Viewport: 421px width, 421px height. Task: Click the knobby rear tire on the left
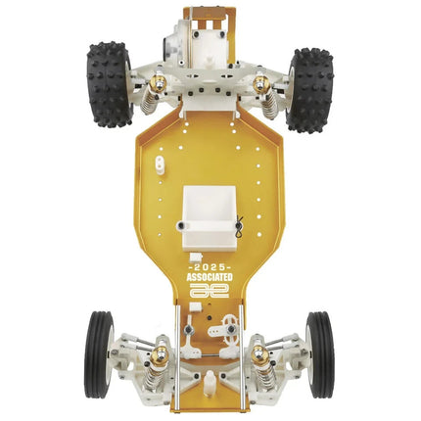pos(110,85)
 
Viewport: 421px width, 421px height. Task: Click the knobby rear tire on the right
pos(310,91)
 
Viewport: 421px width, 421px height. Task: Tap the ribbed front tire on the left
pos(99,354)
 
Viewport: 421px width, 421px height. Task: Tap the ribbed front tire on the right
pos(320,354)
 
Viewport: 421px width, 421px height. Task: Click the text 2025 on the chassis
pos(210,267)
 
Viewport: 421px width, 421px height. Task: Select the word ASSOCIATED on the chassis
pos(210,277)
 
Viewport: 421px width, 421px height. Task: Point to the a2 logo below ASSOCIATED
pos(210,290)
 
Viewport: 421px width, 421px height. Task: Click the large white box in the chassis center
pos(209,216)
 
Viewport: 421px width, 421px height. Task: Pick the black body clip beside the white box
pos(239,225)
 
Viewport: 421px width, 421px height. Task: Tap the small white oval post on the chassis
pos(160,164)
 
